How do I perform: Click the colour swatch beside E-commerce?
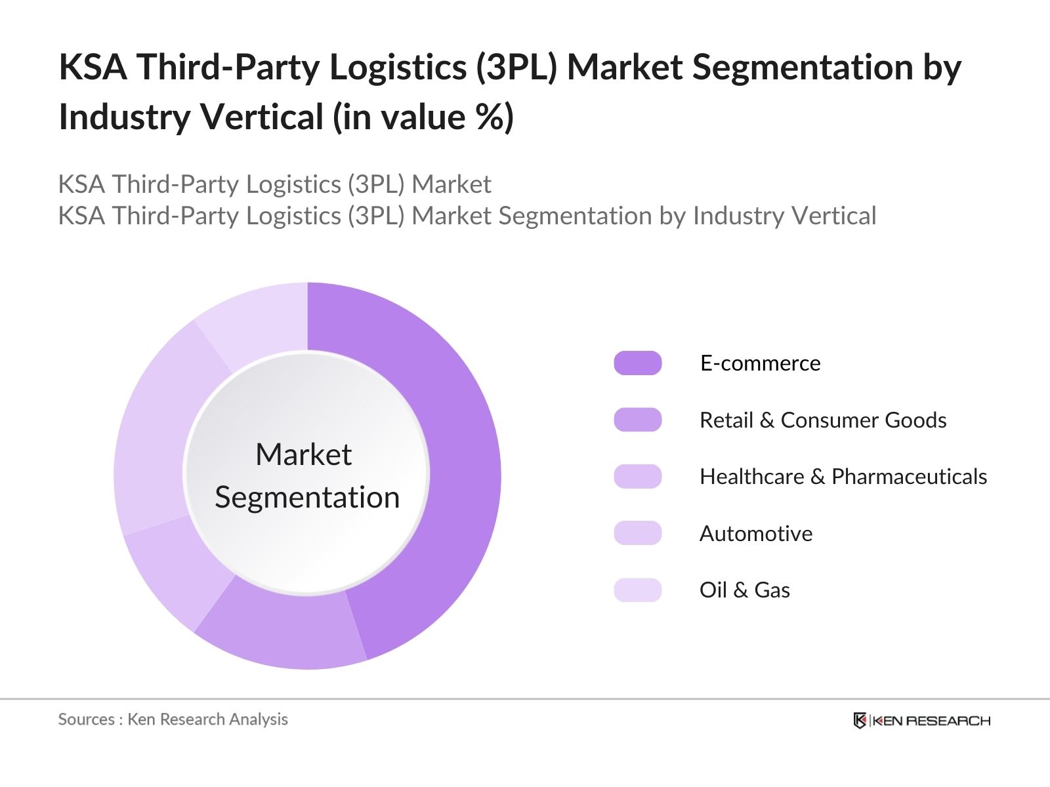coord(637,363)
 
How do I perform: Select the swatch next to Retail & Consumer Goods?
coord(637,420)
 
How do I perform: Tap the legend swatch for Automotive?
coord(637,533)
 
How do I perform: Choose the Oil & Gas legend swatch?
coord(637,590)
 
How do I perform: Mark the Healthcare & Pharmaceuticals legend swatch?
coord(637,477)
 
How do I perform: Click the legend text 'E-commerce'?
coord(760,363)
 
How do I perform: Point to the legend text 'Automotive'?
coord(755,533)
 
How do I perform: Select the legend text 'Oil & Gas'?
coord(744,590)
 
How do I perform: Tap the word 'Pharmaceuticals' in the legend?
coord(909,477)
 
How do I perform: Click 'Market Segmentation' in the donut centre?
coord(306,475)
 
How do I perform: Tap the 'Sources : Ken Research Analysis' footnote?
coord(173,719)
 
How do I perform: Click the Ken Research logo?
coord(921,721)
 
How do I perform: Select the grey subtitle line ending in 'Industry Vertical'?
coord(467,216)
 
